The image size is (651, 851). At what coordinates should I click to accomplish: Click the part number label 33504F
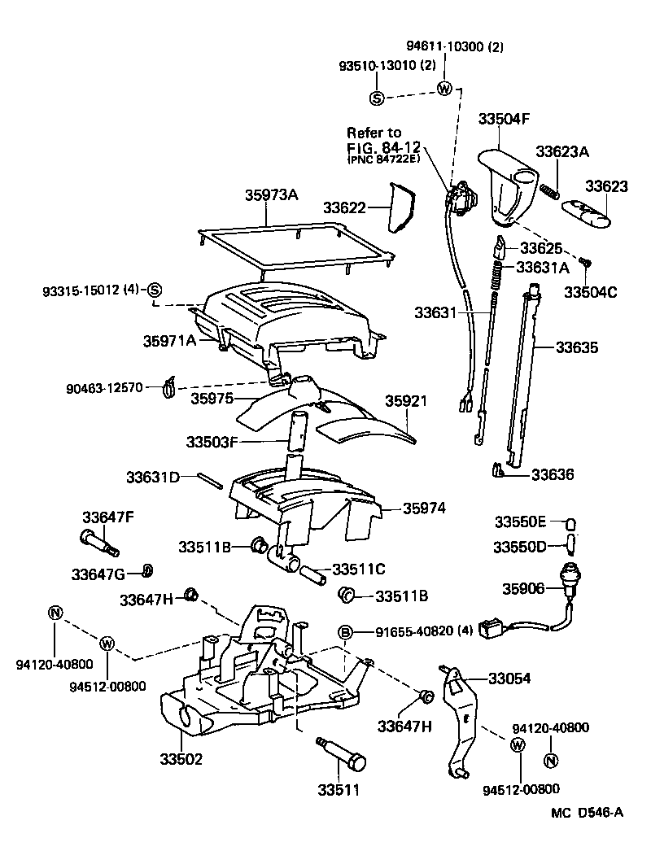point(504,119)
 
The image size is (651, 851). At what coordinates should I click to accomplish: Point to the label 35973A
point(272,194)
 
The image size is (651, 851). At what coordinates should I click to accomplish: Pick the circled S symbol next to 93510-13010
point(377,98)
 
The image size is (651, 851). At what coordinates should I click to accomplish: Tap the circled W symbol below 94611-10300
point(444,89)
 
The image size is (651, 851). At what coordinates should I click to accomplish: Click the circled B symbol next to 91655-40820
point(345,632)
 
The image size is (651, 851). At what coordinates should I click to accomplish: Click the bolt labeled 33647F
point(98,539)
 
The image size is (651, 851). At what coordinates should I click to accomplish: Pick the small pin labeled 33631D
point(209,479)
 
